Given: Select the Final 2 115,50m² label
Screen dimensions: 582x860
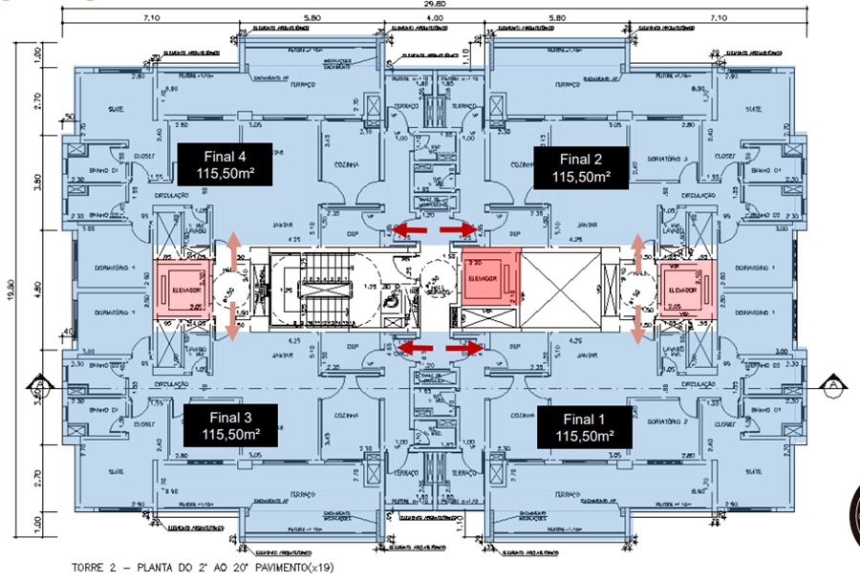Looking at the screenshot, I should pos(580,167).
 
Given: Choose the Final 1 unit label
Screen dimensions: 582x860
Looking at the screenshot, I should pos(583,426).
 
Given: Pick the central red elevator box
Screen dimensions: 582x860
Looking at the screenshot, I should pos(489,278).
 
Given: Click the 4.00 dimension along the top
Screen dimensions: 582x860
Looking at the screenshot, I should pos(435,18).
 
